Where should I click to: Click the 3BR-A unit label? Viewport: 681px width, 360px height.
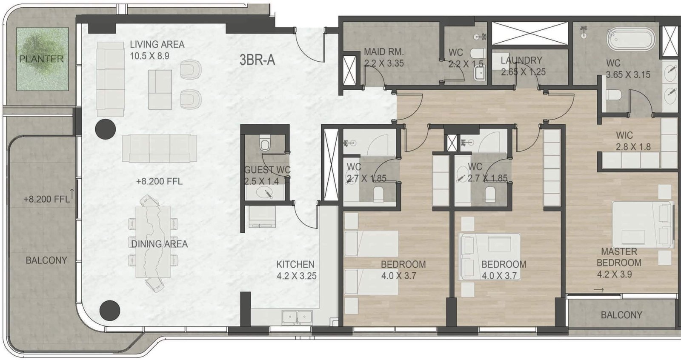pos(257,60)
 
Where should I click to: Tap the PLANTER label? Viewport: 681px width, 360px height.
pos(41,59)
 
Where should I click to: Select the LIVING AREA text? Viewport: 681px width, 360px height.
pos(157,44)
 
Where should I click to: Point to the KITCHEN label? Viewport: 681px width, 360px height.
pos(295,264)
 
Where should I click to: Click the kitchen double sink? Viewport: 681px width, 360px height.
pos(297,317)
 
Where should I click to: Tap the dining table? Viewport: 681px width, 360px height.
pos(153,242)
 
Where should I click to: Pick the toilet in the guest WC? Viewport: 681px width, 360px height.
pos(265,145)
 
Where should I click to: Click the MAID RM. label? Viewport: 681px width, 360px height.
pos(383,52)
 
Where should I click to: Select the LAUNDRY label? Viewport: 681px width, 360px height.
pos(521,60)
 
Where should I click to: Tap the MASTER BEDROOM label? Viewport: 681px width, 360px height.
pos(619,257)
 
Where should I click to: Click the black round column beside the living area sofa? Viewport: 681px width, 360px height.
pos(105,129)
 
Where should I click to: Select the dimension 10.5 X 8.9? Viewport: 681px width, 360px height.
pos(149,56)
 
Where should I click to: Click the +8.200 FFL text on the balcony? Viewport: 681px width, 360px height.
pos(46,199)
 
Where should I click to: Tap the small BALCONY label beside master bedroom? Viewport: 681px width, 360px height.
pos(621,315)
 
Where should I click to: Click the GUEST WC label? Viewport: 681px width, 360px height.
pos(267,170)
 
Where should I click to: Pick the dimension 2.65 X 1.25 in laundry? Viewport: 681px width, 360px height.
pos(523,72)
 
